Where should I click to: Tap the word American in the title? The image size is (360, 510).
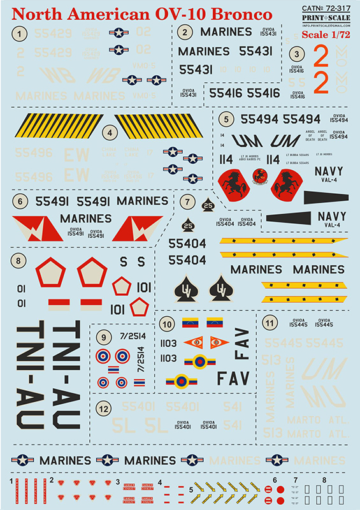[118, 14]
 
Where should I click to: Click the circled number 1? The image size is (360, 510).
[22, 33]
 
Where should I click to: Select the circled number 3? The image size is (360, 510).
[296, 55]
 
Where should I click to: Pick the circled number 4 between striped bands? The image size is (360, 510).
[111, 133]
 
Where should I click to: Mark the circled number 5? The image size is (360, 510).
[226, 119]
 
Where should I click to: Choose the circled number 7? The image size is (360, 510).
[188, 202]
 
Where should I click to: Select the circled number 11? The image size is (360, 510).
[271, 324]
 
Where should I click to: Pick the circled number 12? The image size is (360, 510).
[104, 405]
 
